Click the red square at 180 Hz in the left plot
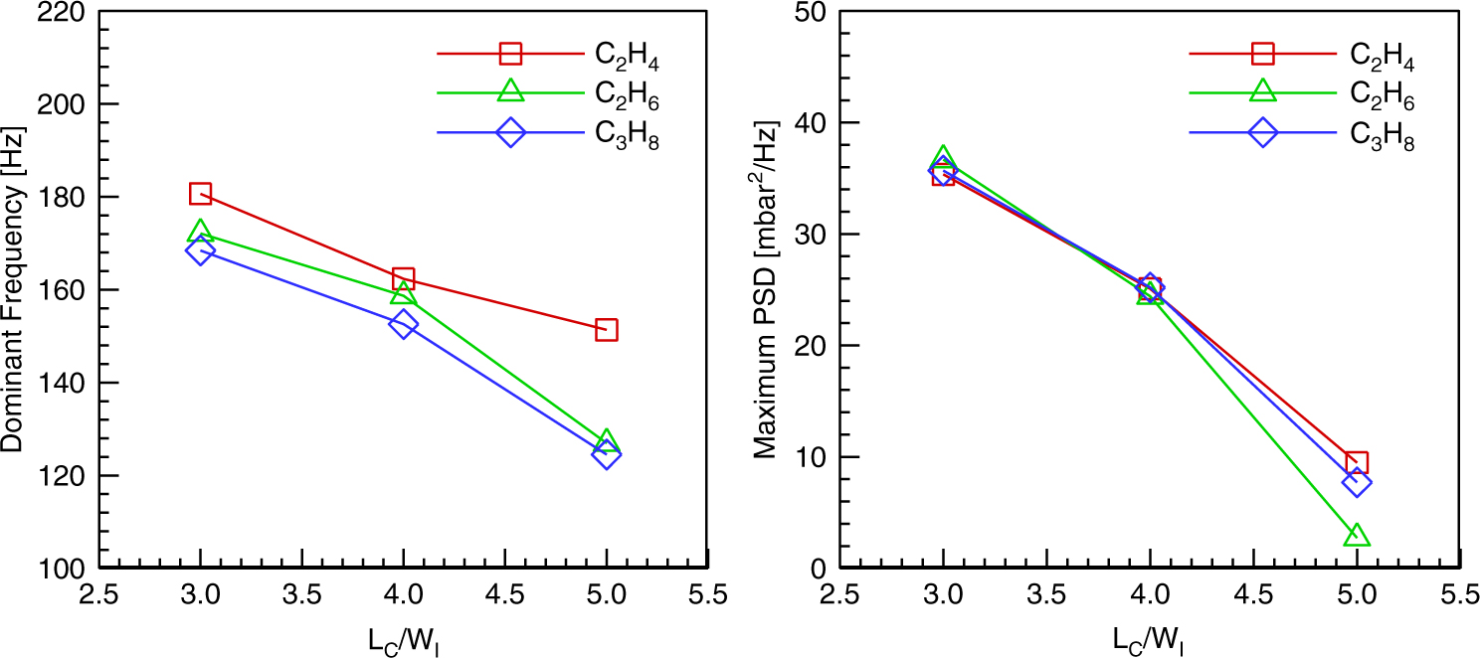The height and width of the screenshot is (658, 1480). point(200,194)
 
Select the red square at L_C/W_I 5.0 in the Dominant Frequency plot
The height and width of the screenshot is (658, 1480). point(607,330)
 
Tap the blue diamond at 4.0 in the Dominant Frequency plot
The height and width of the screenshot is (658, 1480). point(404,324)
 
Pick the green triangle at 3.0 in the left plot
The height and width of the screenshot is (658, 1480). point(200,232)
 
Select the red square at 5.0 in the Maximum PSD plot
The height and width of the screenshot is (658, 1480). point(1357,462)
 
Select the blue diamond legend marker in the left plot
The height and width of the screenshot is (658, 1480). point(510,132)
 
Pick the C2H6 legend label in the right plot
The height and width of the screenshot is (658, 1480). point(1381,95)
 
